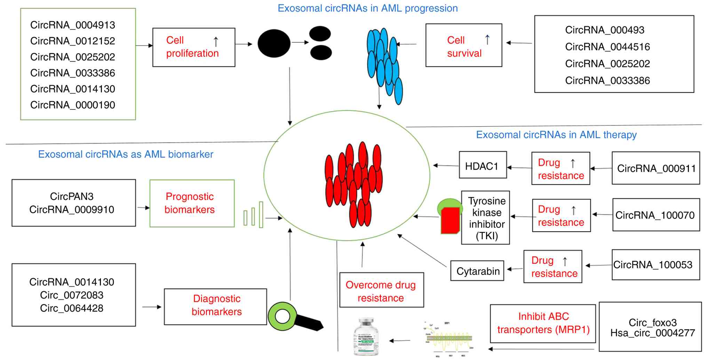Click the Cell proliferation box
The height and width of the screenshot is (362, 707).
(193, 47)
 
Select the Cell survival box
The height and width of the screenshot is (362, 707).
(463, 45)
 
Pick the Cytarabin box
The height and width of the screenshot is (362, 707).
(477, 271)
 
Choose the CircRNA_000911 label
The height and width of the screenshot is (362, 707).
(656, 168)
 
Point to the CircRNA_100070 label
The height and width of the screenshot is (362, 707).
(656, 215)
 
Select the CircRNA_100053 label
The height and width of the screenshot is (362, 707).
(653, 265)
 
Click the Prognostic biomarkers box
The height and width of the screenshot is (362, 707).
(192, 203)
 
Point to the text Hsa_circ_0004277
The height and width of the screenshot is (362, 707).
(652, 333)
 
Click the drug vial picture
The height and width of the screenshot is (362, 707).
(366, 336)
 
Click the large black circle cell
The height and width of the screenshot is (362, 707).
(274, 43)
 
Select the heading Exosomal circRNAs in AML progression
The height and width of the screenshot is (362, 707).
(367, 8)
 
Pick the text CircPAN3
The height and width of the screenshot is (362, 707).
(72, 196)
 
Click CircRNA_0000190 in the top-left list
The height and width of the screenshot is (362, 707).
(72, 105)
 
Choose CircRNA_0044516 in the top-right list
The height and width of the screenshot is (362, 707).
(607, 47)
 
